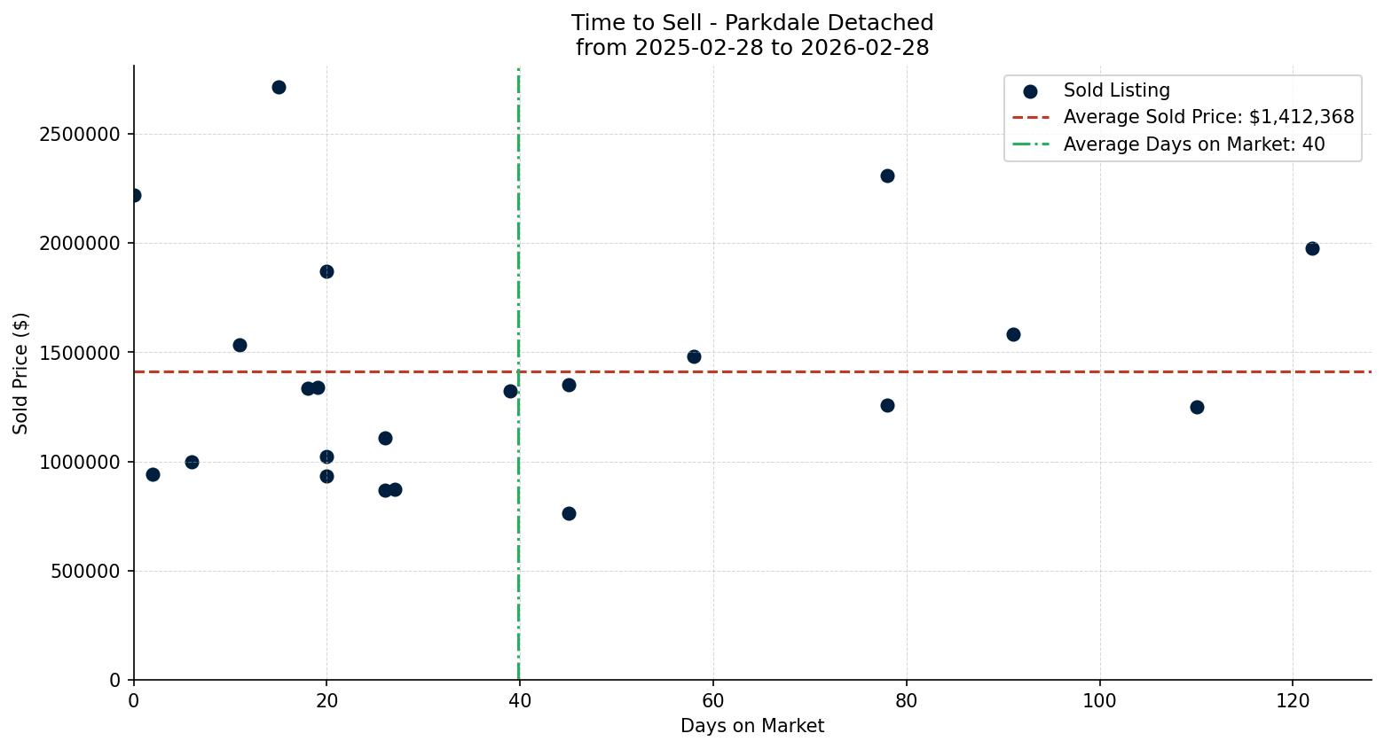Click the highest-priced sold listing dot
pyautogui.click(x=279, y=87)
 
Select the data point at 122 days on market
pyautogui.click(x=1312, y=248)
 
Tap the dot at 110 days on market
pyautogui.click(x=1197, y=407)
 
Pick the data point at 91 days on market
pyautogui.click(x=1013, y=334)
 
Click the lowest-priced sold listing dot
pyautogui.click(x=569, y=513)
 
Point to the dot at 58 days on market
pyautogui.click(x=694, y=356)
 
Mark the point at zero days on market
pyautogui.click(x=134, y=195)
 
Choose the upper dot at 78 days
pyautogui.click(x=887, y=176)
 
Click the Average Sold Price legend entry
pyautogui.click(x=1208, y=117)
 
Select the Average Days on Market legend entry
pyautogui.click(x=1193, y=144)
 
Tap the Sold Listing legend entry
pyautogui.click(x=1116, y=90)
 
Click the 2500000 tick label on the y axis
pyautogui.click(x=79, y=135)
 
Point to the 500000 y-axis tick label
pyautogui.click(x=84, y=572)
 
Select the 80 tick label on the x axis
pyautogui.click(x=907, y=700)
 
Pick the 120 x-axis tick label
pyautogui.click(x=1293, y=700)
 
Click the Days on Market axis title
pyautogui.click(x=752, y=726)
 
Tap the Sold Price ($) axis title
pyautogui.click(x=21, y=373)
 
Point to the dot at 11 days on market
pyautogui.click(x=240, y=345)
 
